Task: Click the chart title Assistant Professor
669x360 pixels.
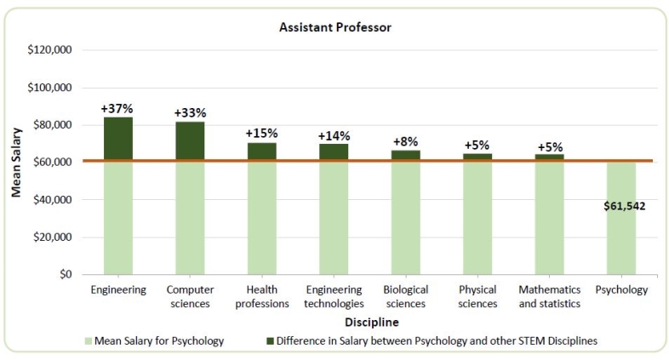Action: click(334, 27)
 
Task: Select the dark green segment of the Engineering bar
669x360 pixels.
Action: click(117, 138)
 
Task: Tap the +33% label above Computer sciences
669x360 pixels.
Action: click(190, 113)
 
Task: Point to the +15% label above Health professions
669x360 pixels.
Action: click(261, 134)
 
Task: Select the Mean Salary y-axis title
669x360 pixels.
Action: click(15, 163)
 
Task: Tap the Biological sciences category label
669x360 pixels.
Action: click(405, 296)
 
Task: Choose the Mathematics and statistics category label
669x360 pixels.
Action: click(550, 296)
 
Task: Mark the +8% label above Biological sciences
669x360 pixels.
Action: click(405, 141)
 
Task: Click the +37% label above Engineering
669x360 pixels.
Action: click(117, 109)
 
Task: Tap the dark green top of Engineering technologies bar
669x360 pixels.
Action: click(334, 152)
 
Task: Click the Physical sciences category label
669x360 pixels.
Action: click(477, 296)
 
